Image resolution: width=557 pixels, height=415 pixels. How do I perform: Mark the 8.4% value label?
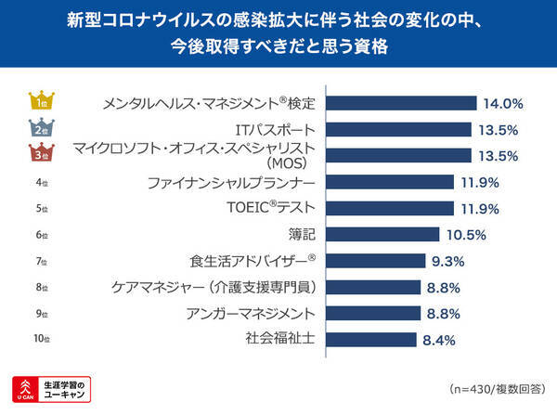[438, 340]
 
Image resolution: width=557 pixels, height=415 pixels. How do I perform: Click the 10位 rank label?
[41, 340]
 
